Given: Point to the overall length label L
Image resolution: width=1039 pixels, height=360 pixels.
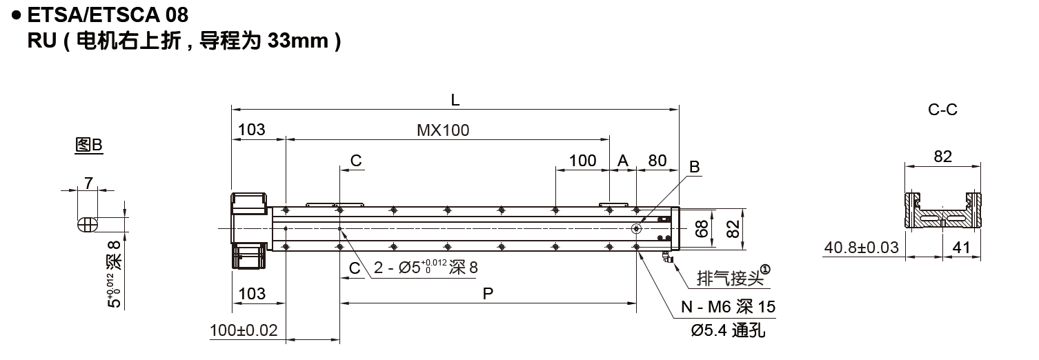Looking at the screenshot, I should point(455,100).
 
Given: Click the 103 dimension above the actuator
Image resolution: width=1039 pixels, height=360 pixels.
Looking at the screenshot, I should point(252,130).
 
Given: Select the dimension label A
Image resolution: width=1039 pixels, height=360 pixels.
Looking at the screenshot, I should point(623,161).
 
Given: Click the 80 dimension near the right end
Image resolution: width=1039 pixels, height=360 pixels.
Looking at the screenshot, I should point(657,161).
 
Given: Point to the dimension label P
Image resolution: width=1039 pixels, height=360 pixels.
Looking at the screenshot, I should point(488,294).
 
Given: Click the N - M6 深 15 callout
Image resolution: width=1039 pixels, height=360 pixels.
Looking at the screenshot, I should point(724,307).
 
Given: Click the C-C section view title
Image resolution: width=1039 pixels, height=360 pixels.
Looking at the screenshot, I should point(942,110).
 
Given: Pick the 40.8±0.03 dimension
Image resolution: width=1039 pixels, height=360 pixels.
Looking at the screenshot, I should point(862,247).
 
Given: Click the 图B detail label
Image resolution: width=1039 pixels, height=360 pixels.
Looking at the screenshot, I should point(88,146).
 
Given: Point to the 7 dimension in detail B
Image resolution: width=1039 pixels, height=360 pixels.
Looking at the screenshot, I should point(88,183).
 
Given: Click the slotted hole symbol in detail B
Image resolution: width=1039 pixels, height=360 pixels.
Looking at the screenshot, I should point(88,225).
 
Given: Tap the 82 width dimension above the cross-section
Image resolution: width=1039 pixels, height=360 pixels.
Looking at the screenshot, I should point(942,157).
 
